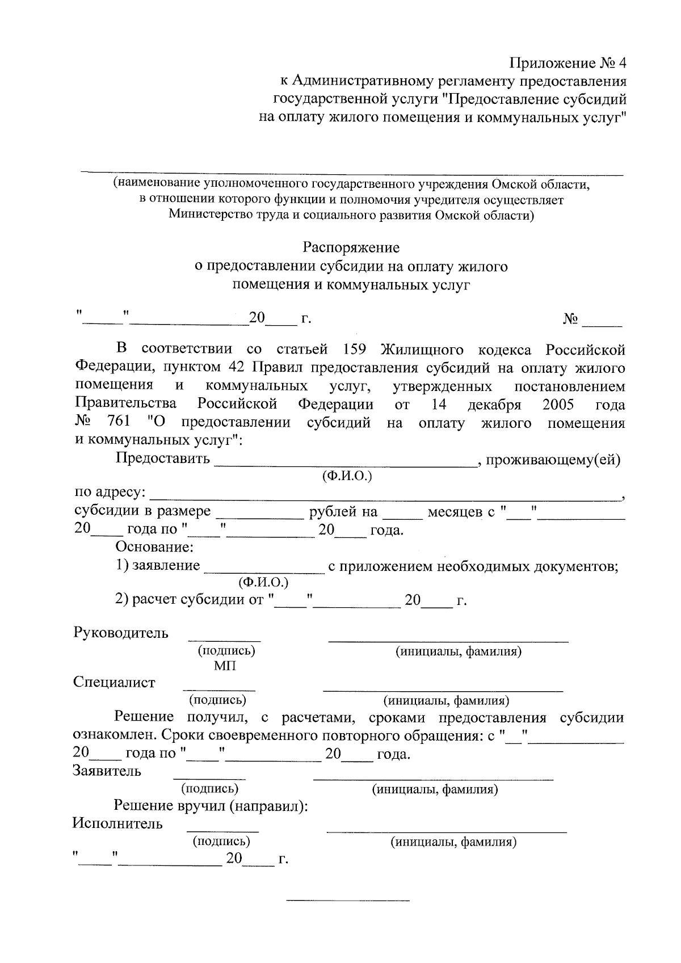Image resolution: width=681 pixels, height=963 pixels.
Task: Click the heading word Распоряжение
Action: pos(351,248)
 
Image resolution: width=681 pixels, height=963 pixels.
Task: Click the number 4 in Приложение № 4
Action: pos(620,62)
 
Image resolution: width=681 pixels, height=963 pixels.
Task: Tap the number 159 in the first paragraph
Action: pos(354,350)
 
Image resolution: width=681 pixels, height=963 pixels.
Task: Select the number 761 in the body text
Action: pos(118,423)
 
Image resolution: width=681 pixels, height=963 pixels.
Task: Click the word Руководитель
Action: pos(120,633)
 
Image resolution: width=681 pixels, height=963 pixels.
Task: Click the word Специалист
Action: pos(114,682)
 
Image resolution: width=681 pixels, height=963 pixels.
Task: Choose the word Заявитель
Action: pos(107,771)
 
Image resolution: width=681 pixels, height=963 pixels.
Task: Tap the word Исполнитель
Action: pos(117,823)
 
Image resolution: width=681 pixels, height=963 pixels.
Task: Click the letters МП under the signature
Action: pos(225,666)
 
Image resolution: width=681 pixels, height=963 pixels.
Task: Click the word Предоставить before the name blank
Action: pos(163,459)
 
